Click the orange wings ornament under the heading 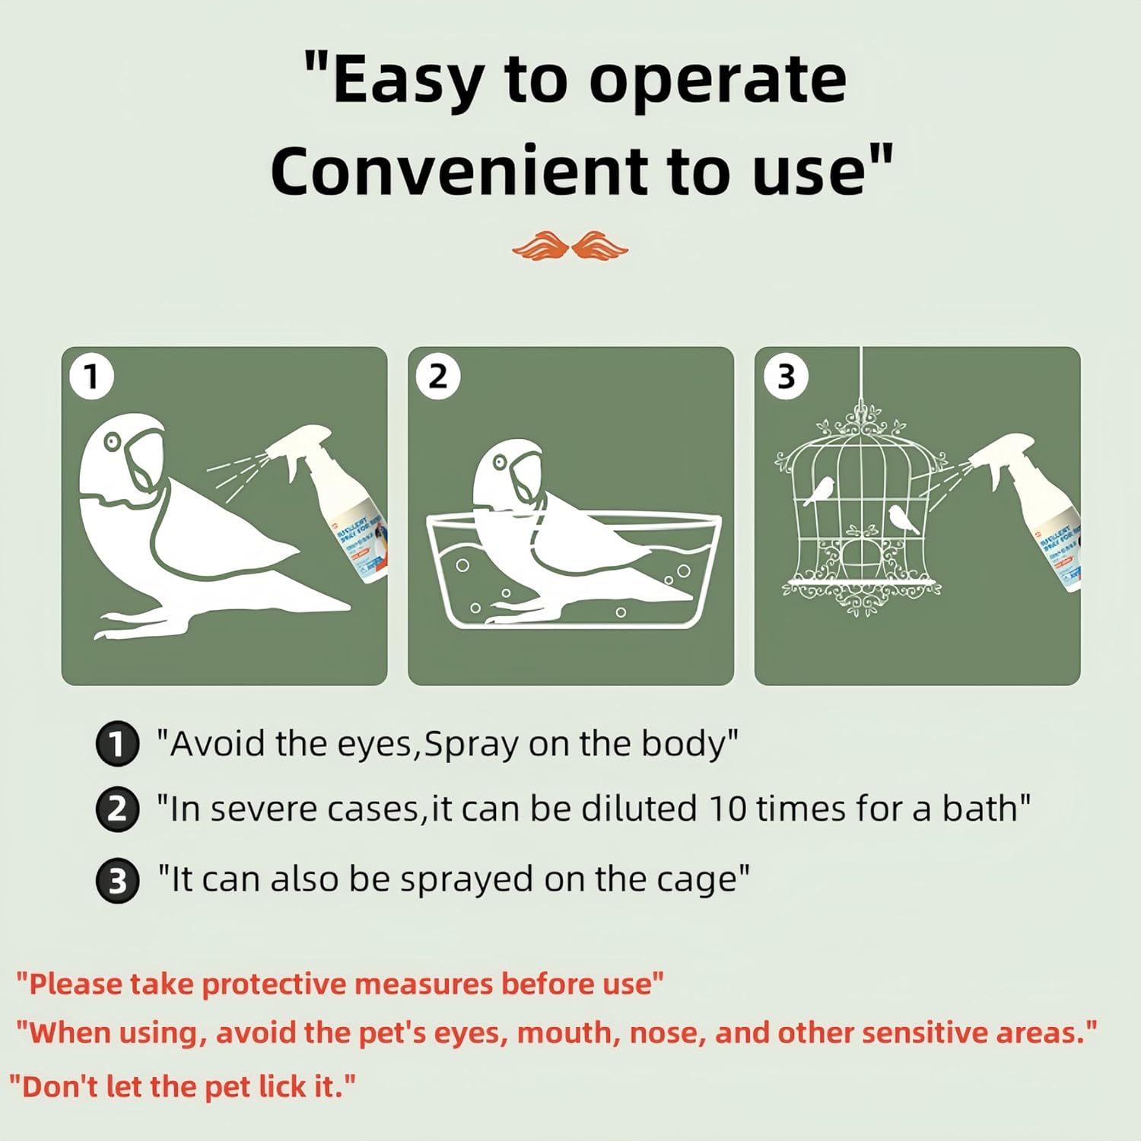click(x=570, y=246)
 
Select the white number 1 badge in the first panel click(x=91, y=377)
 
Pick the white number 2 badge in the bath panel click(x=438, y=377)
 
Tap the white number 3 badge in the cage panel click(x=785, y=377)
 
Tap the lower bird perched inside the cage click(x=902, y=518)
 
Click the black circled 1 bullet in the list click(x=117, y=744)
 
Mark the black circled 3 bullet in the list click(x=117, y=881)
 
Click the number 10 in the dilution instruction click(x=728, y=809)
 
